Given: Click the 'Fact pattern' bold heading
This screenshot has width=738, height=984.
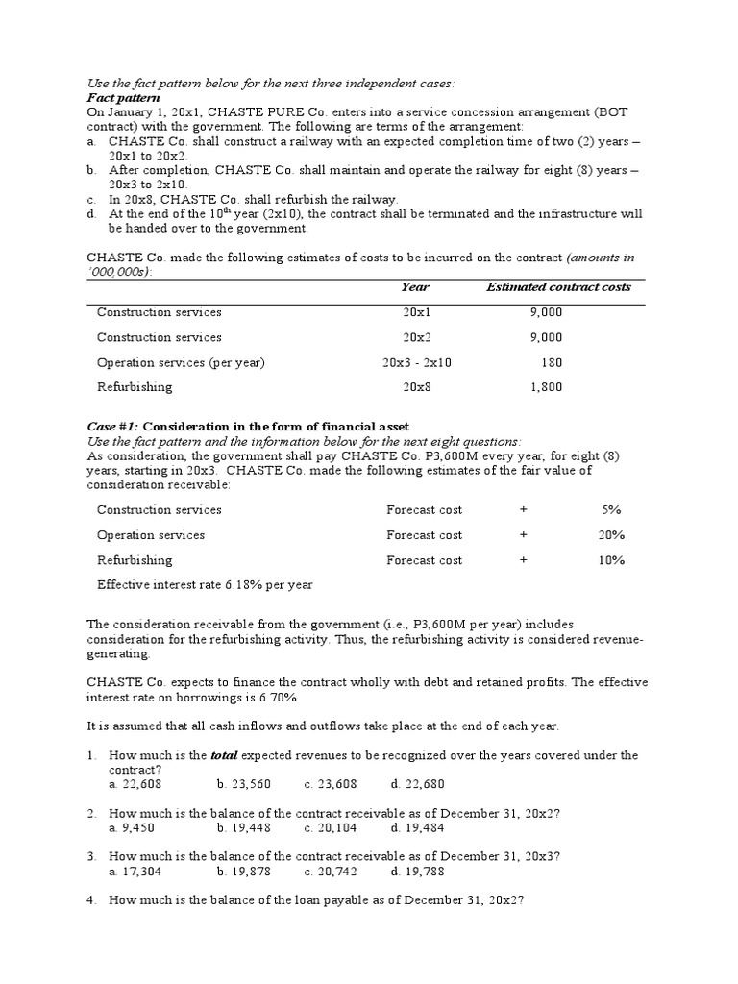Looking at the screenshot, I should coord(123,99).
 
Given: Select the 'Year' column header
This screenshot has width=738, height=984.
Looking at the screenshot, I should coord(415,287).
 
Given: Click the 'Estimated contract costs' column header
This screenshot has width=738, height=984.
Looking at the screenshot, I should coord(558,287).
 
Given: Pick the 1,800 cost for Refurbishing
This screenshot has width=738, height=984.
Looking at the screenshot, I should coord(546,387).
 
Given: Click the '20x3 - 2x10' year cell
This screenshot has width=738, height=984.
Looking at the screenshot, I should coord(416,362).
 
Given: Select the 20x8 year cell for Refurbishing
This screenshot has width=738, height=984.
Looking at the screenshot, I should coord(416,387).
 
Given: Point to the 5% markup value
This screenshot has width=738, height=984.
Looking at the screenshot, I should coord(611,510).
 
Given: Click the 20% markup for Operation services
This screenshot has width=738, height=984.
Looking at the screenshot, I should coord(611,535).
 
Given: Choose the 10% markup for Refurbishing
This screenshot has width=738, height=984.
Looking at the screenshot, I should coord(611,560).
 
